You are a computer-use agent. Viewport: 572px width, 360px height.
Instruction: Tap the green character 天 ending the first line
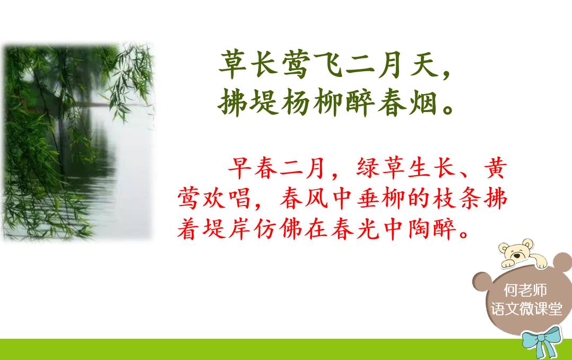424,65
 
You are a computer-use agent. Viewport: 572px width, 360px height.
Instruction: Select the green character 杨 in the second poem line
296,102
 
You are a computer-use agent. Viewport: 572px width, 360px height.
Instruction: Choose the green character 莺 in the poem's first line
296,65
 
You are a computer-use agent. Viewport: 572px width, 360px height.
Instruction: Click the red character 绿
368,168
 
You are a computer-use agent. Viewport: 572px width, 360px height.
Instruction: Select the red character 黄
496,168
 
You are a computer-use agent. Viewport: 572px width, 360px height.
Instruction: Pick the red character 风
317,199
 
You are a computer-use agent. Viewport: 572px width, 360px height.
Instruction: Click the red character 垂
368,199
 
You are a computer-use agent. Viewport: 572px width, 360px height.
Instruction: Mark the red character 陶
420,229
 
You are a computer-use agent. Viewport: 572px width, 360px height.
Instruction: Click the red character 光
368,229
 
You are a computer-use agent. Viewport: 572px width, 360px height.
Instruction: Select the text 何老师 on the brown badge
525,290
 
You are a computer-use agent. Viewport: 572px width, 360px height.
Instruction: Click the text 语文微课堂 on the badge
526,309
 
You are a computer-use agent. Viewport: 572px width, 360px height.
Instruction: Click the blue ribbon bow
541,341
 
